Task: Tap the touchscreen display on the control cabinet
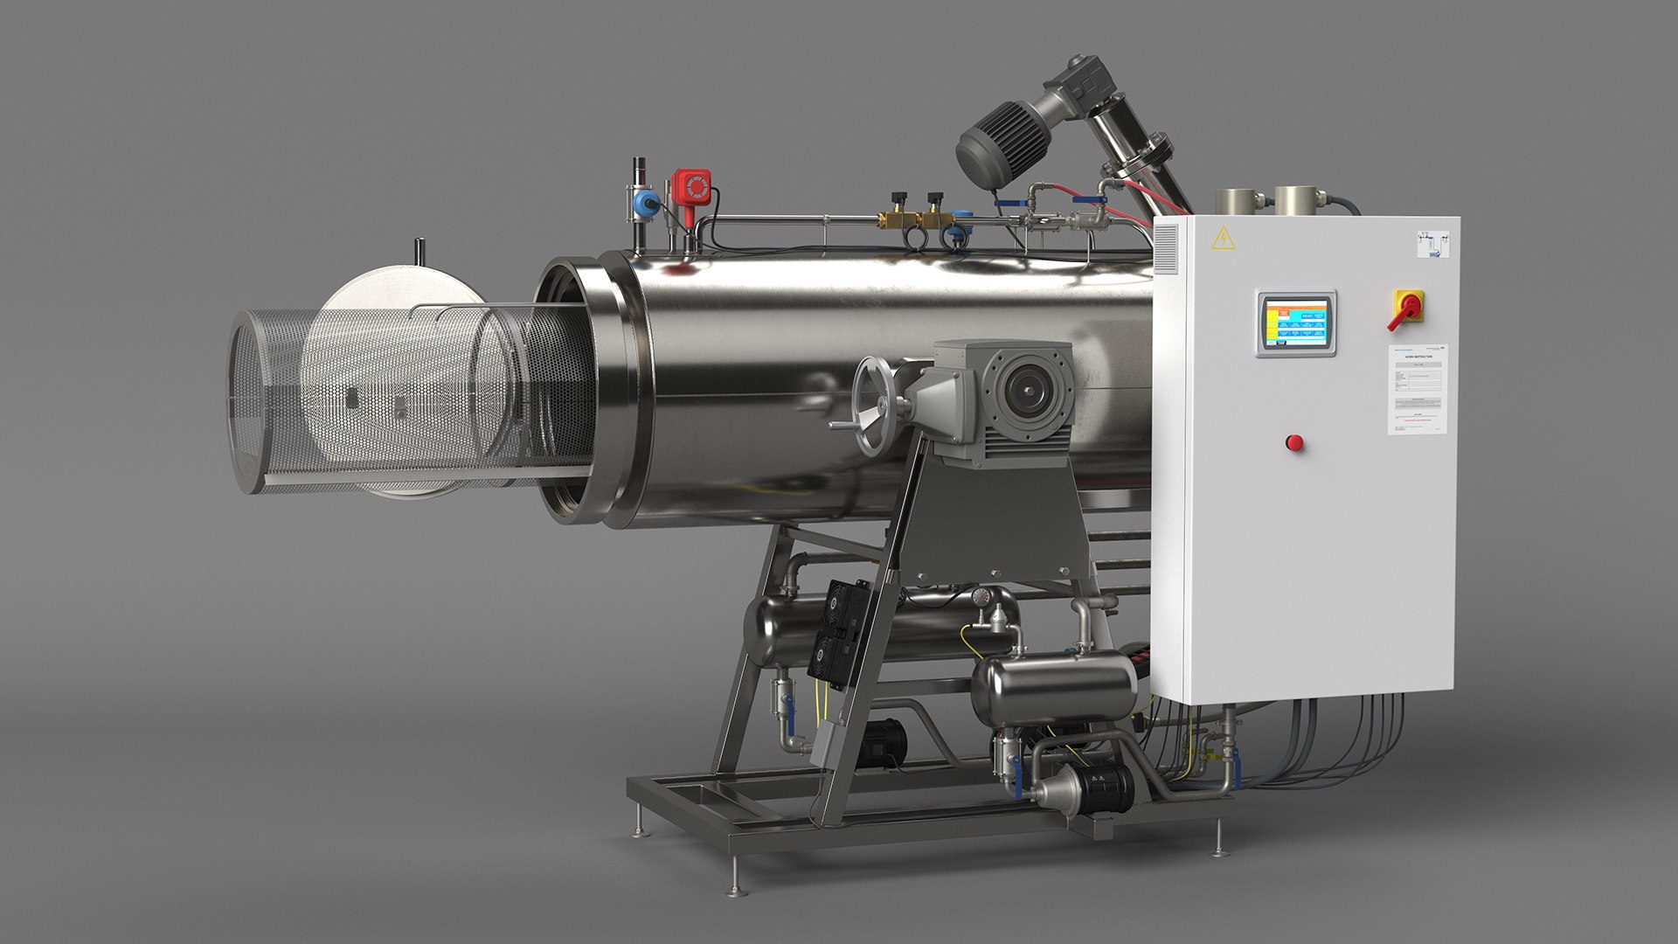[1297, 323]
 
